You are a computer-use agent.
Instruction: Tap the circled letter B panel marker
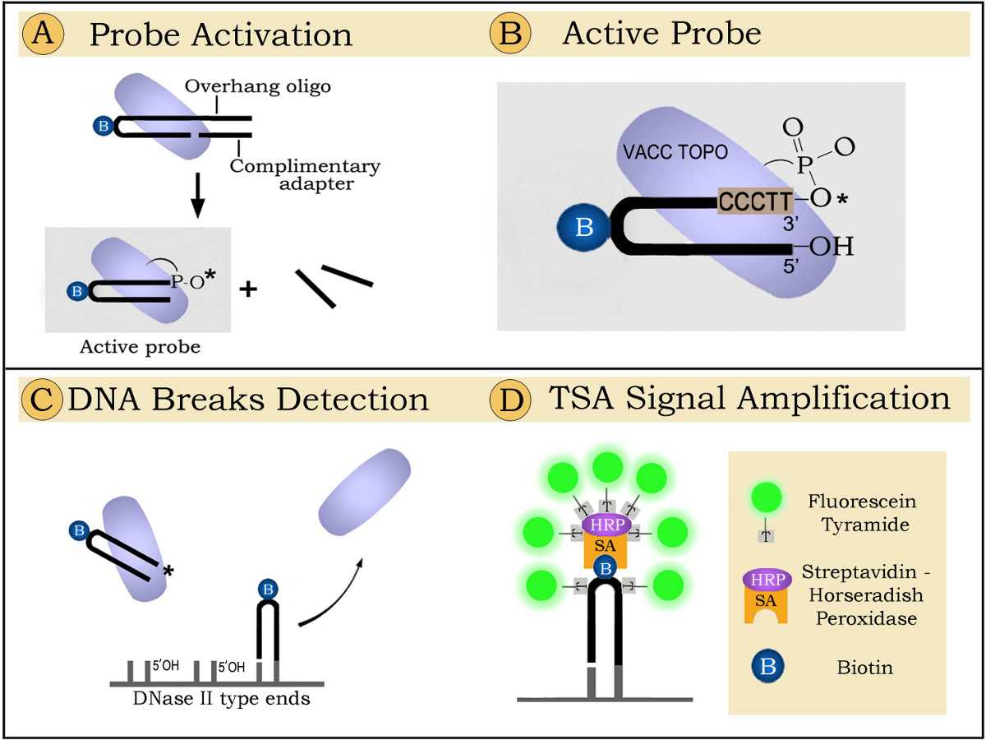[509, 35]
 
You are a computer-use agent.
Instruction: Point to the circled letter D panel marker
[509, 400]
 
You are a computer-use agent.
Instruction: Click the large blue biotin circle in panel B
[584, 226]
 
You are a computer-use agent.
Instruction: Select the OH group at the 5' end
[831, 246]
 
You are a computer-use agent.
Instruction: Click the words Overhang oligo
[257, 86]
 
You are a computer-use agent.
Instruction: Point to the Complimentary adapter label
[304, 174]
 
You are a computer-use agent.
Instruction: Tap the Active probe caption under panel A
[140, 347]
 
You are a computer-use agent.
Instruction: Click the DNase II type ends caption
[221, 700]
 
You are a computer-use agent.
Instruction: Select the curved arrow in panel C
[329, 592]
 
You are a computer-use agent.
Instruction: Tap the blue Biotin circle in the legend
[767, 667]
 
